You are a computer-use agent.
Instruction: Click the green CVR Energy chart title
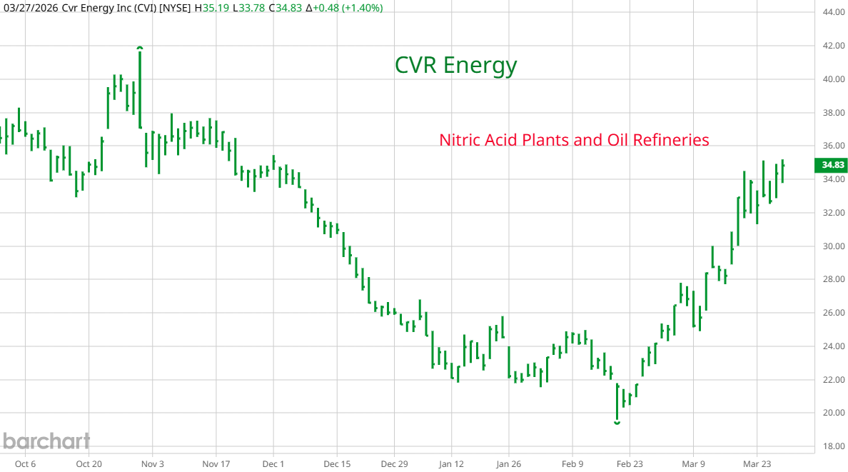coord(455,66)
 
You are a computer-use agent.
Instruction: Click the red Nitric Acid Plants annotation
coord(574,140)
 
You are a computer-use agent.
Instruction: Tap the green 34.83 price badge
coord(833,165)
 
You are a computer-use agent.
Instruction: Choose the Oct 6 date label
coord(25,463)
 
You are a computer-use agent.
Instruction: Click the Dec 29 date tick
coord(394,463)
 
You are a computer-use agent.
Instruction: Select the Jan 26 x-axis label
coord(508,463)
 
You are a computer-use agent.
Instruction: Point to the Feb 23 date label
coord(629,463)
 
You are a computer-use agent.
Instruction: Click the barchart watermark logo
coord(46,441)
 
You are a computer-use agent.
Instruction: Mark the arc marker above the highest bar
coord(140,48)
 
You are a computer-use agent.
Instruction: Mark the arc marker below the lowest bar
coord(617,423)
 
